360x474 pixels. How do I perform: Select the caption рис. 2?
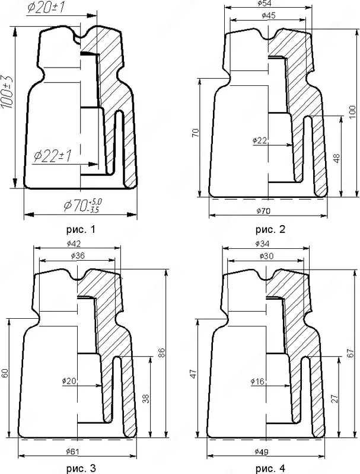point(270,229)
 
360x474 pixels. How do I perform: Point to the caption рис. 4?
point(270,468)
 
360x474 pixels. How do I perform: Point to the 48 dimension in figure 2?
point(336,158)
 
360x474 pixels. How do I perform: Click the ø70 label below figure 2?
point(264,211)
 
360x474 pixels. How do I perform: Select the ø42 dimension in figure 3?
point(75,244)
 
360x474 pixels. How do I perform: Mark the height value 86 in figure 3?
point(161,352)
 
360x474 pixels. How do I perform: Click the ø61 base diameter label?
point(74,451)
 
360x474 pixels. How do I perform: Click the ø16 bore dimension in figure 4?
point(258,382)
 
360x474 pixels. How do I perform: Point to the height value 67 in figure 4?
point(350,352)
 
